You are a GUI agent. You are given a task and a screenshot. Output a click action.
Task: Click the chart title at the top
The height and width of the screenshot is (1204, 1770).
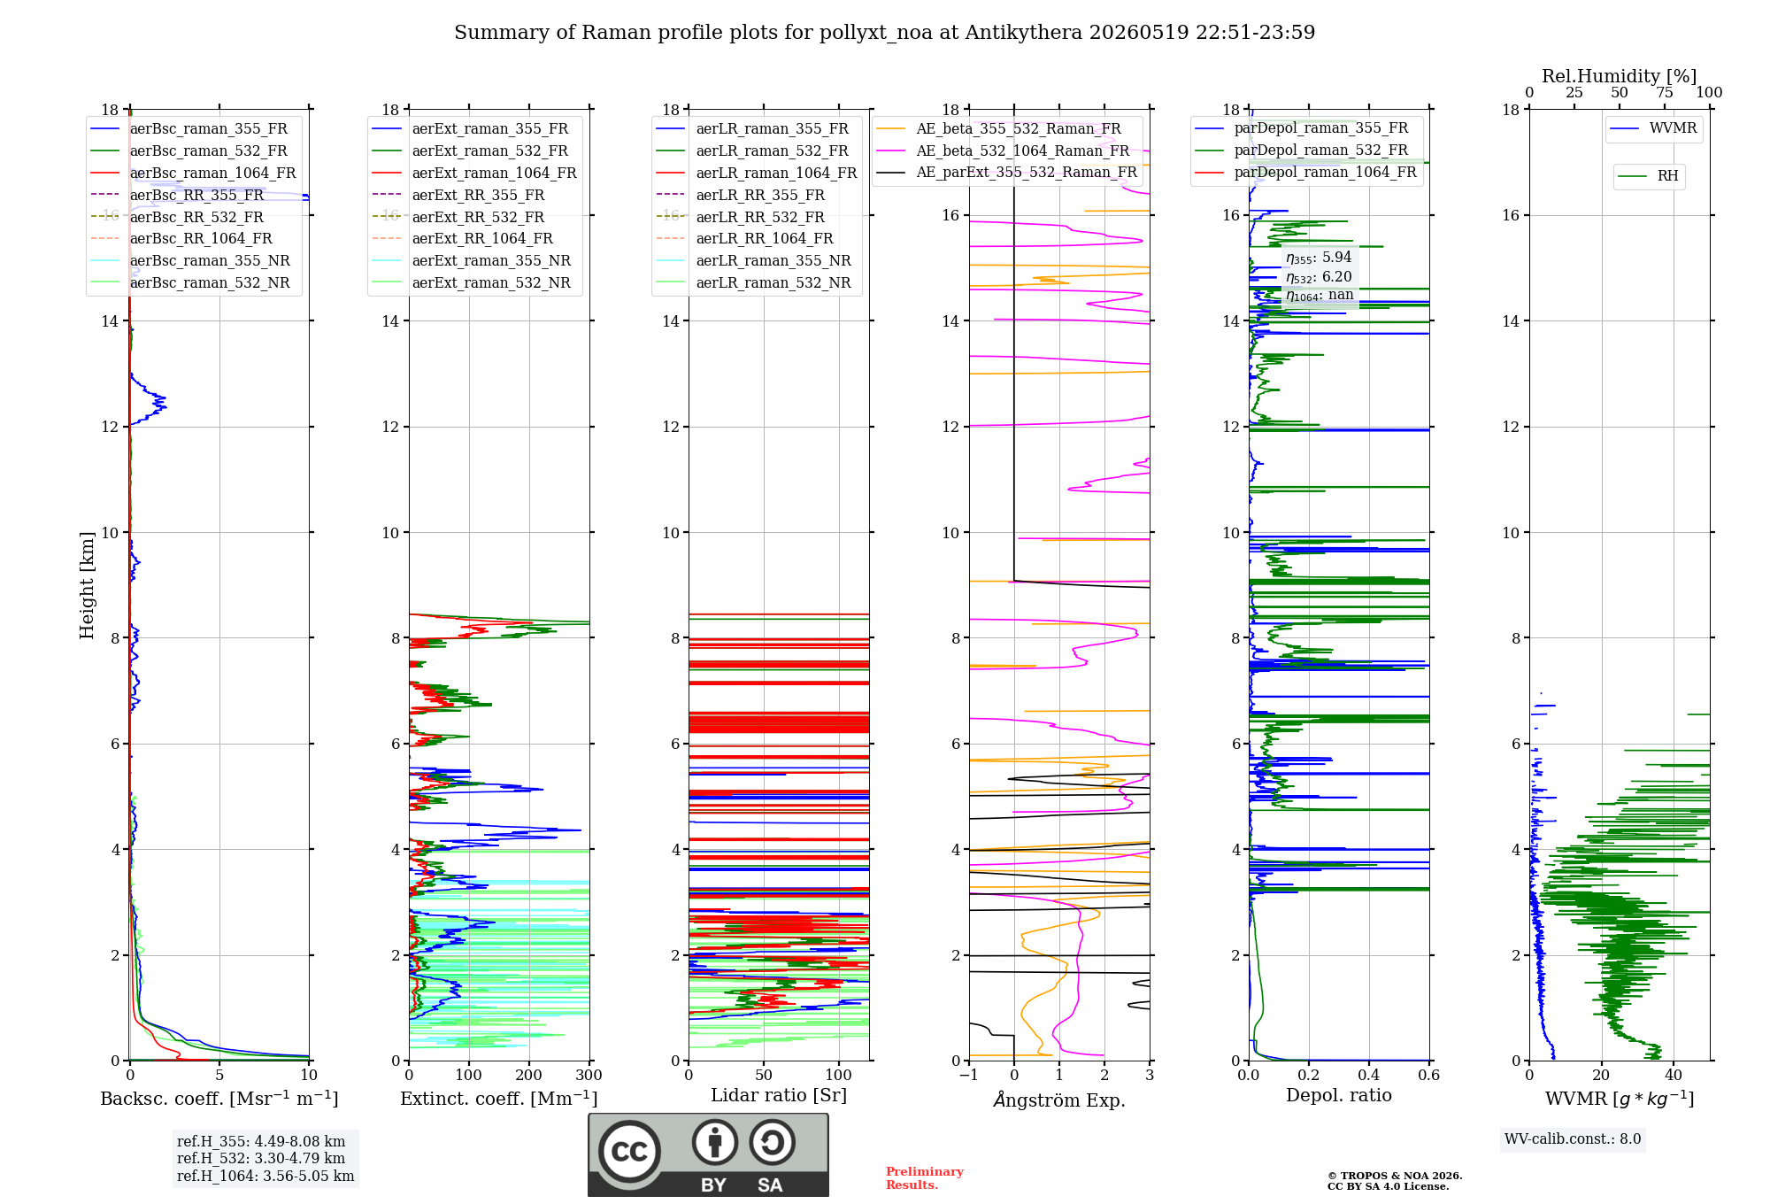coord(884,33)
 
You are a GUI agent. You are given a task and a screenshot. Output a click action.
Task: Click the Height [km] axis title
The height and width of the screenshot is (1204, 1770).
coord(87,585)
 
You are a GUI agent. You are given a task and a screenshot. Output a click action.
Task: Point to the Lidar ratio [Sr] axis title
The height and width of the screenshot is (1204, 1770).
coord(779,1095)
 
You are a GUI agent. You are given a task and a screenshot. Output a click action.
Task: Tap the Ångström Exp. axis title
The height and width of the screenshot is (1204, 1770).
coord(1059,1100)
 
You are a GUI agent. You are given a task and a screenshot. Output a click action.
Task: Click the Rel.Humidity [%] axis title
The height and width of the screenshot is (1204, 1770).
coord(1620,76)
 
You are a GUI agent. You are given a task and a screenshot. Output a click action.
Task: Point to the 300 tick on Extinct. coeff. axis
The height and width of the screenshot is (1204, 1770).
coord(589,1076)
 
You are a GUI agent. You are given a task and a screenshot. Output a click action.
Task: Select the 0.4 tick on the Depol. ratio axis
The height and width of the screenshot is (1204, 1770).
coord(1368,1076)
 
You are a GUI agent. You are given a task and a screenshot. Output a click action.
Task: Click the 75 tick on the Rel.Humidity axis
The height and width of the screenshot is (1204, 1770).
coord(1665,93)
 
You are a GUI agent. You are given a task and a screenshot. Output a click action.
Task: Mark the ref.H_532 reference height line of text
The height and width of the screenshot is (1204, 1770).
coord(261,1159)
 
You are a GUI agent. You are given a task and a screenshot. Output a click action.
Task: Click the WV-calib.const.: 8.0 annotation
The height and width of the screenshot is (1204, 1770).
coord(1573,1139)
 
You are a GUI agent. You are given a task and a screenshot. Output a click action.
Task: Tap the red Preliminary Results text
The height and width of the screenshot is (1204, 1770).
coord(924,1178)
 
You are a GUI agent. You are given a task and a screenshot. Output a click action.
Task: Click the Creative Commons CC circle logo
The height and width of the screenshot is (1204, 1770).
coord(629,1152)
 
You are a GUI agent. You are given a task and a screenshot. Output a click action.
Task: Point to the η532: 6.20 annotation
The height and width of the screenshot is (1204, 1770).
coord(1319,277)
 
